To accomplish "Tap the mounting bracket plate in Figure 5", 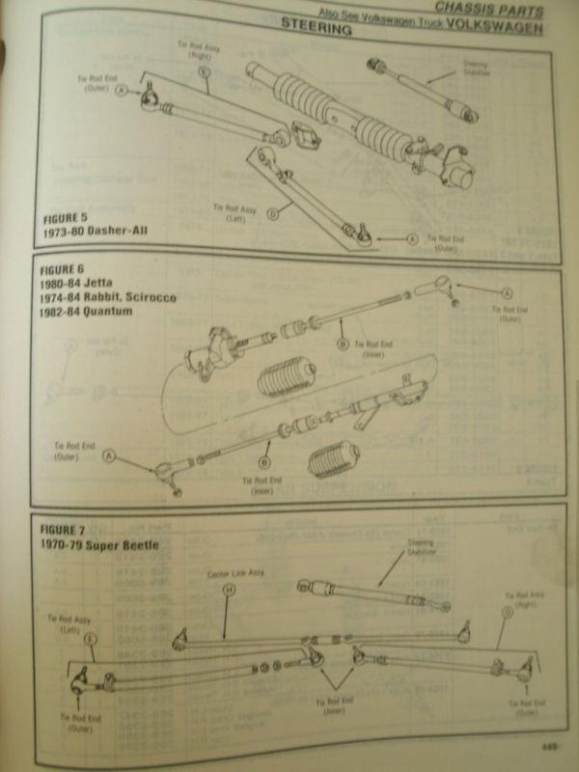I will [x=306, y=135].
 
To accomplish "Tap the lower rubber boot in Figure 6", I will [x=332, y=462].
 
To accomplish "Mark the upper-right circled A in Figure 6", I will [x=507, y=291].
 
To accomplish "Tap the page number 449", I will [x=551, y=745].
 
